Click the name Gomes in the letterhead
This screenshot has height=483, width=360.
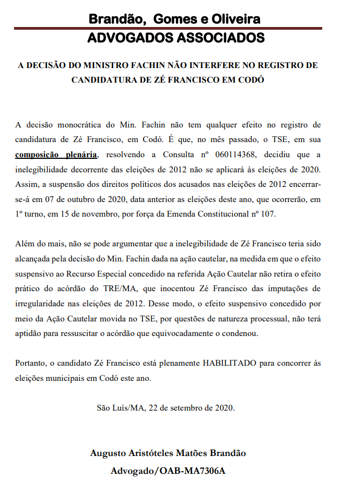175,19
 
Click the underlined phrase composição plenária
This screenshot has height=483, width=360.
57,155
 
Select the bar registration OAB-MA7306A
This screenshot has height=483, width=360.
192,471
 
